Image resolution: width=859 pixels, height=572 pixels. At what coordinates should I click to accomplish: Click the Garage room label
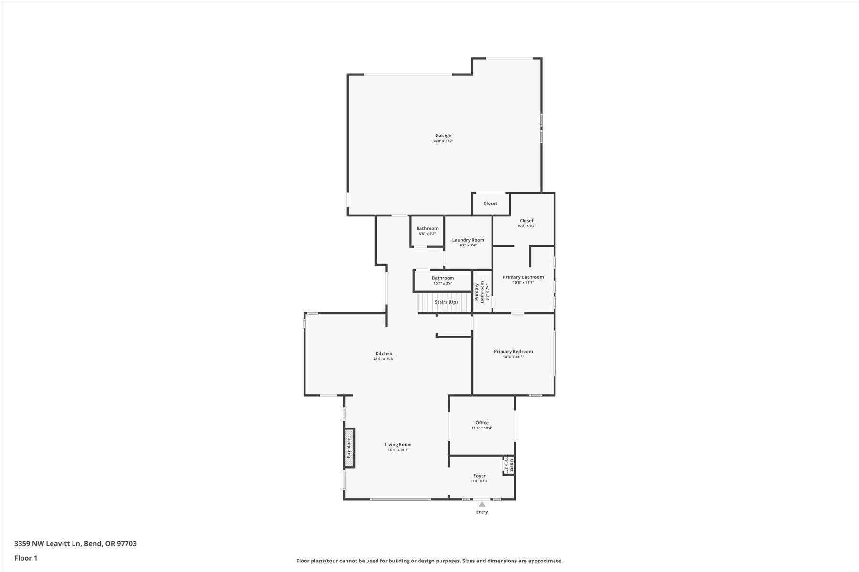[x=443, y=136]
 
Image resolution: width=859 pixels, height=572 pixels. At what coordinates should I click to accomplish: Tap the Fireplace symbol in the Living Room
[x=349, y=448]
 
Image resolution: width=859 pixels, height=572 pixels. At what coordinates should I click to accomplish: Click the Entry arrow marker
[x=482, y=504]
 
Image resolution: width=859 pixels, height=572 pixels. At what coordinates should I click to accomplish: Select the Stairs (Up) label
[x=446, y=302]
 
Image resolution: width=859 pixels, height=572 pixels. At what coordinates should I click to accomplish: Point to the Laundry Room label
[x=468, y=240]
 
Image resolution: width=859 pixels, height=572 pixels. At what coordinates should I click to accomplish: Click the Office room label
[x=482, y=423]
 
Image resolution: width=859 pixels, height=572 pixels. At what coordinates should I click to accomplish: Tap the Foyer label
[x=480, y=476]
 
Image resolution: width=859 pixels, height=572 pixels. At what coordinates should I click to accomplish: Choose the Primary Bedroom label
[x=513, y=351]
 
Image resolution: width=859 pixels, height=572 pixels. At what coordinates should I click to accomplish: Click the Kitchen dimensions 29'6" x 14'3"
[x=384, y=359]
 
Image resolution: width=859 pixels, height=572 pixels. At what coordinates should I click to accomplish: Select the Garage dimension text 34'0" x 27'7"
[x=443, y=141]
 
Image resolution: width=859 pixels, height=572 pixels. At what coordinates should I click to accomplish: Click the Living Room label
[x=398, y=445]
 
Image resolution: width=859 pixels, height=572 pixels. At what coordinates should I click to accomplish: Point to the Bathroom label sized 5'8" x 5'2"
[x=427, y=229]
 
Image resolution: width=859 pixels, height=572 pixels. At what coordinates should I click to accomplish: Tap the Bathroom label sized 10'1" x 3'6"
[x=443, y=278]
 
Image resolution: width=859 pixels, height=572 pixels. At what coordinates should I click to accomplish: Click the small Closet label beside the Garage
[x=490, y=204]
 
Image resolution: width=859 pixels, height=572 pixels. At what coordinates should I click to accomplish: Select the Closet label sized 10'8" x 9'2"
[x=526, y=221]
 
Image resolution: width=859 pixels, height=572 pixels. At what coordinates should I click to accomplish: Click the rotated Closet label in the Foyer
[x=512, y=465]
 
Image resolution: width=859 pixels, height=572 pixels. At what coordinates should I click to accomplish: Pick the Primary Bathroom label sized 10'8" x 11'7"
[x=523, y=277]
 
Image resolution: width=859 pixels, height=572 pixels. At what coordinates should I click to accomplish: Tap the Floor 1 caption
[x=26, y=558]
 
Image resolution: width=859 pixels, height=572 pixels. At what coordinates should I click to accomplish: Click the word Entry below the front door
[x=482, y=512]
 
